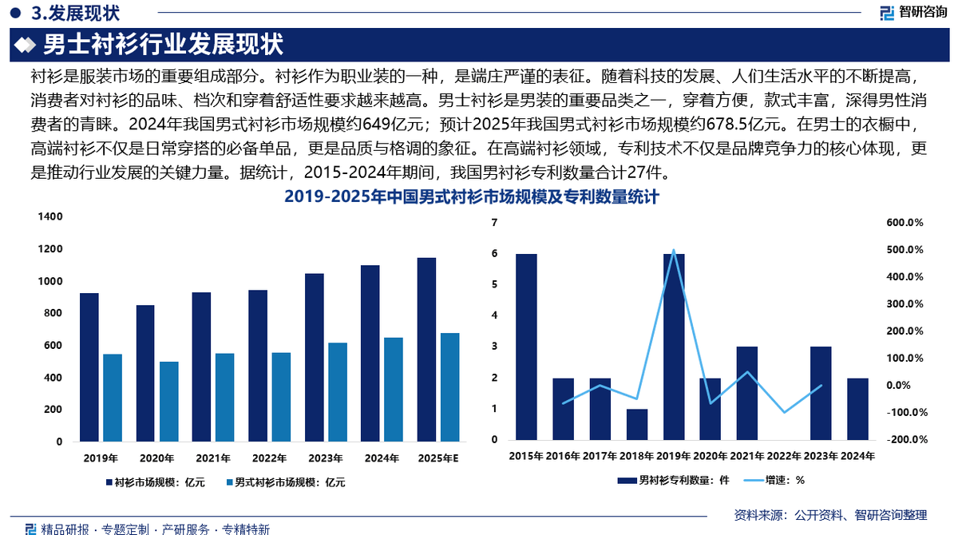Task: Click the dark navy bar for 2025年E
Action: [426, 349]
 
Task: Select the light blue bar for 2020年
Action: [169, 401]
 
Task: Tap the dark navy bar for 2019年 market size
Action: [89, 367]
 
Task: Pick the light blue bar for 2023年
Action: [338, 391]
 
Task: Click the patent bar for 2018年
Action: [637, 424]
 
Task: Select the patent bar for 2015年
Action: [526, 347]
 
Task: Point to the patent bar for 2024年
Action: [857, 409]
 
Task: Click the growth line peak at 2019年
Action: [674, 251]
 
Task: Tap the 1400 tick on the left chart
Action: [51, 217]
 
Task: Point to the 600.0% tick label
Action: [905, 223]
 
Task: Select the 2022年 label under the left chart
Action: [268, 458]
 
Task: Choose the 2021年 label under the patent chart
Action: [747, 455]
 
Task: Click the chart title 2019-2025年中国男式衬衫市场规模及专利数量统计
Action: [471, 196]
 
